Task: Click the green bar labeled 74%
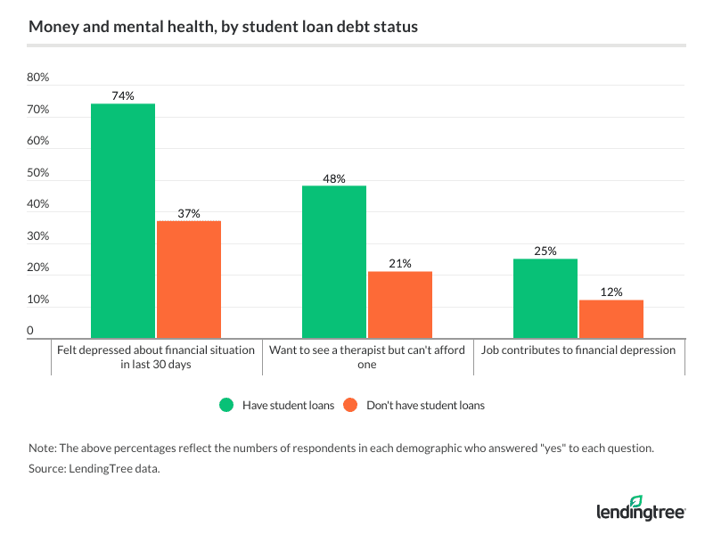(x=123, y=221)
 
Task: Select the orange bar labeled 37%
(x=188, y=280)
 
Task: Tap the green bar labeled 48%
(x=334, y=262)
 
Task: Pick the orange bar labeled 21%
(x=400, y=305)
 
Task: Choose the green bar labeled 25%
(x=545, y=299)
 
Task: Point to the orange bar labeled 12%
(x=611, y=319)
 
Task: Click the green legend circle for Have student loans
(x=227, y=405)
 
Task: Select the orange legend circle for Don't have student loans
(x=350, y=405)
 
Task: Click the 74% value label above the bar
(x=123, y=95)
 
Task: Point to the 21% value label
(x=400, y=263)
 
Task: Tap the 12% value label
(x=611, y=292)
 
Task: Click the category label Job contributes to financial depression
(x=578, y=350)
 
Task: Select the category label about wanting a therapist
(x=367, y=357)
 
